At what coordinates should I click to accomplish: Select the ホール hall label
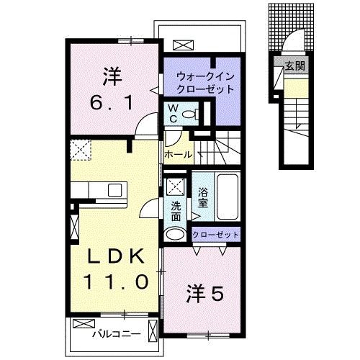pyautogui.click(x=178, y=155)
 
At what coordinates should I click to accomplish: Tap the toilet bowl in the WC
pyautogui.click(x=189, y=114)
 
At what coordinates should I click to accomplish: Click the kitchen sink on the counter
pyautogui.click(x=114, y=190)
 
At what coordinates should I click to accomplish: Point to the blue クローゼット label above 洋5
pyautogui.click(x=216, y=235)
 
